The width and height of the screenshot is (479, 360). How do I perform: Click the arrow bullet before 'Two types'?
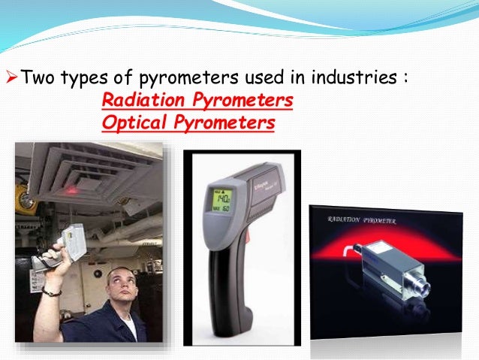[x=10, y=77]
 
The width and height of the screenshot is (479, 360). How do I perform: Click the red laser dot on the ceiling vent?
[x=72, y=189]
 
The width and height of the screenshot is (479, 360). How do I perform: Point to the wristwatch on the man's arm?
[x=52, y=291]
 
